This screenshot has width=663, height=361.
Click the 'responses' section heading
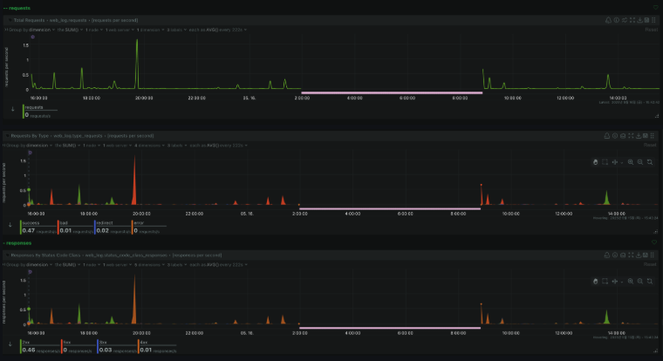[19, 242]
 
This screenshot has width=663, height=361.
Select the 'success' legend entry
[31, 222]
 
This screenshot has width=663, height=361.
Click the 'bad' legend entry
[64, 222]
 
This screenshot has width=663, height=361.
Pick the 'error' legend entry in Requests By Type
[139, 222]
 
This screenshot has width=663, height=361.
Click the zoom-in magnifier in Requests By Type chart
[631, 162]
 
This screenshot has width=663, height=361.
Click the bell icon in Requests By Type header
[616, 136]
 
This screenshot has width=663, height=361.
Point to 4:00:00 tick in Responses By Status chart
[353, 332]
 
